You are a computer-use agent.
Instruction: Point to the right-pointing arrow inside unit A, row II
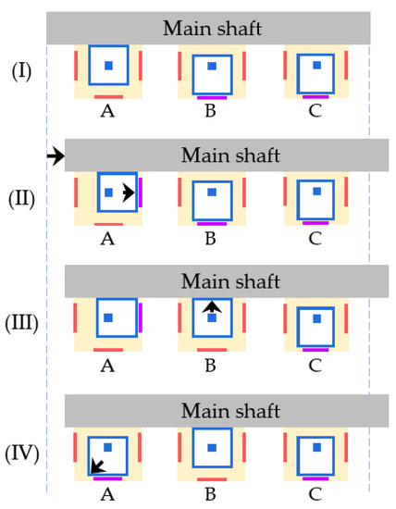(128, 192)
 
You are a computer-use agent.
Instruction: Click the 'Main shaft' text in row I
(212, 29)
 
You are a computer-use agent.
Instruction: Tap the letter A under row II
(107, 239)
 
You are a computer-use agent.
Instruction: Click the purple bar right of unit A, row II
(141, 193)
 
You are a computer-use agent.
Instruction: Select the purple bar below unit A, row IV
(108, 478)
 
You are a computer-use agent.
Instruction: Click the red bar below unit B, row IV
(212, 478)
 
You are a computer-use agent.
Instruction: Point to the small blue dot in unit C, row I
(316, 66)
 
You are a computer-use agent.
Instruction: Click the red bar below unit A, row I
(108, 95)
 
